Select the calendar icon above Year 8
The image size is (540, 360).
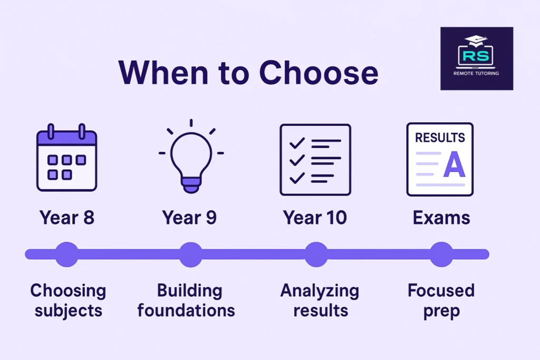pyautogui.click(x=66, y=158)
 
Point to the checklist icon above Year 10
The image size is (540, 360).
pyautogui.click(x=315, y=159)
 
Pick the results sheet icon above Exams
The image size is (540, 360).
pyautogui.click(x=440, y=159)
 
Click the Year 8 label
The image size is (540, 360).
pyautogui.click(x=67, y=217)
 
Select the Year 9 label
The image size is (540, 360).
pyautogui.click(x=189, y=217)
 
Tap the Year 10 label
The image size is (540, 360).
pyautogui.click(x=315, y=217)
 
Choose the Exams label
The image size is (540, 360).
pyautogui.click(x=441, y=217)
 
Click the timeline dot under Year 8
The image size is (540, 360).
pyautogui.click(x=66, y=255)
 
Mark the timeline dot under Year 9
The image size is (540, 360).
pyautogui.click(x=190, y=255)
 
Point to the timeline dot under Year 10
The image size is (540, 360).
pyautogui.click(x=316, y=255)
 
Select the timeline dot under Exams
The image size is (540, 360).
pyautogui.click(x=441, y=255)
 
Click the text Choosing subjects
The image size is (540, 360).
pyautogui.click(x=68, y=300)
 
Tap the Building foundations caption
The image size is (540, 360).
pyautogui.click(x=186, y=300)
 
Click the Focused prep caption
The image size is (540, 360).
pyautogui.click(x=441, y=300)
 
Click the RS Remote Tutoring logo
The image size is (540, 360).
pyautogui.click(x=476, y=59)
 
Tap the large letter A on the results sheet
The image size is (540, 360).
pyautogui.click(x=454, y=165)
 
